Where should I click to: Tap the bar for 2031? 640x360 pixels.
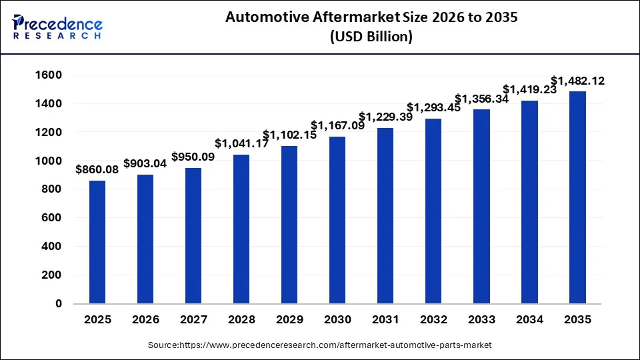385,215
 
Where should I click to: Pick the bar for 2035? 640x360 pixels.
577,197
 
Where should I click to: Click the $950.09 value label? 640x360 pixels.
194,157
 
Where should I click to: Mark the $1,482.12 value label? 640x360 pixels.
577,81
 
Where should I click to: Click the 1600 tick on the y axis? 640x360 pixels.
48,75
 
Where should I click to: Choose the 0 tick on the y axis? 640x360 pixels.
58,303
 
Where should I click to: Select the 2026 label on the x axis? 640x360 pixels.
145,319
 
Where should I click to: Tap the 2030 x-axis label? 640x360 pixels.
337,319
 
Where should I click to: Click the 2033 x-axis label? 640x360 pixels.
481,319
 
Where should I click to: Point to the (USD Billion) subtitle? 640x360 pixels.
371,37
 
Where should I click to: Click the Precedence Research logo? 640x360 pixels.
57,27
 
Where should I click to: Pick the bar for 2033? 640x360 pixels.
481,206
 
